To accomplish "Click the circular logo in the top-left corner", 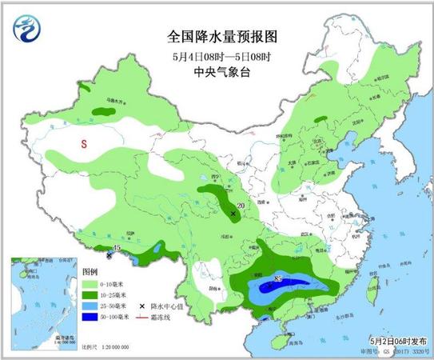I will tap(26, 31).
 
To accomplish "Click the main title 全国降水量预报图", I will tap(217, 37).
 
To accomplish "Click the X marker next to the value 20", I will tap(233, 214).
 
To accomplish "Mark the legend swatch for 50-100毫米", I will tap(91, 317).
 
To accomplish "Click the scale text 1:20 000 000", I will tap(107, 348).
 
